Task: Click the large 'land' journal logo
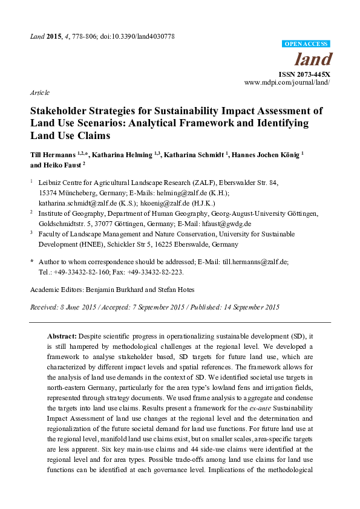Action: pyautogui.click(x=312, y=59)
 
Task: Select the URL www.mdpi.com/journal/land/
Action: pyautogui.click(x=287, y=82)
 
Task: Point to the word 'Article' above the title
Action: pyautogui.click(x=40, y=92)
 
